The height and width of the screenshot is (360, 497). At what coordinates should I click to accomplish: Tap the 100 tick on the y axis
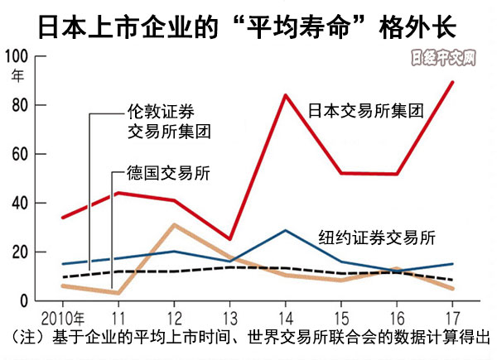coord(16,56)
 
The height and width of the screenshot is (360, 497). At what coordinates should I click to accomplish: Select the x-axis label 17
coord(451,317)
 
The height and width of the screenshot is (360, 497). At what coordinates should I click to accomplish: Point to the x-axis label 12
coord(175,317)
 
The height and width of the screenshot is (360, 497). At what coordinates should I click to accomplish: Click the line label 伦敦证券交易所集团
coord(168,122)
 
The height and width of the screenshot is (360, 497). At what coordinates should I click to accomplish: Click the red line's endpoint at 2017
coord(451,82)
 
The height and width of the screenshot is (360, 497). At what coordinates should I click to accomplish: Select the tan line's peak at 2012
coord(175,225)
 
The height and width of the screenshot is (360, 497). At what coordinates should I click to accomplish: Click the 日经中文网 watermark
coord(445,60)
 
